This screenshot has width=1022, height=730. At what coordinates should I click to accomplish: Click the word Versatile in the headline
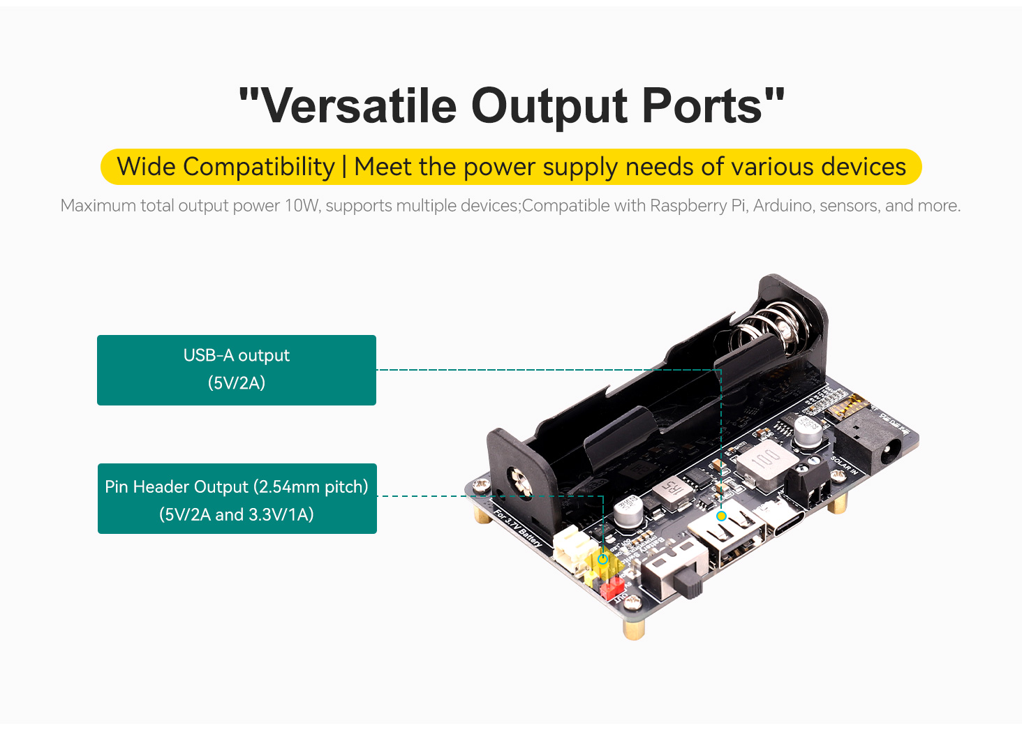pyautogui.click(x=357, y=106)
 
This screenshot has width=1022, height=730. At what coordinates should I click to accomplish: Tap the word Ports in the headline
pyautogui.click(x=702, y=106)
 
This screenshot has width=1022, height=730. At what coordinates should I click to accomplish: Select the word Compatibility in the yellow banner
pyautogui.click(x=259, y=167)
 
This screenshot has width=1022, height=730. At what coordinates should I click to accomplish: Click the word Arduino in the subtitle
pyautogui.click(x=783, y=206)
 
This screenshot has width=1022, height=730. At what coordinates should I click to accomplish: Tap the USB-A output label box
pyautogui.click(x=237, y=370)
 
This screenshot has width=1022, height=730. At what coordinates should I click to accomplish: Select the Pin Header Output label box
pyautogui.click(x=237, y=499)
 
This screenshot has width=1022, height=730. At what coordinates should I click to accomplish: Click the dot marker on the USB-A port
pyautogui.click(x=721, y=516)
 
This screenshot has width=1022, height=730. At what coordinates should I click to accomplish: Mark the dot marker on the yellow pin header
pyautogui.click(x=603, y=559)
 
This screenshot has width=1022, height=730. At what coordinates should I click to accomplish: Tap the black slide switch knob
pyautogui.click(x=690, y=585)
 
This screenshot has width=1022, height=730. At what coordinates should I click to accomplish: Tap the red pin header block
pyautogui.click(x=612, y=588)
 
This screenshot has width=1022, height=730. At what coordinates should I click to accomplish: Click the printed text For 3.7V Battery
pyautogui.click(x=517, y=529)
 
